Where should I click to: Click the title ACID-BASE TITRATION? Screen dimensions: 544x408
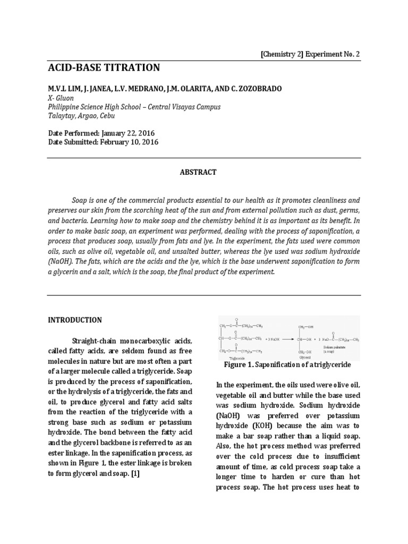pyautogui.click(x=104, y=67)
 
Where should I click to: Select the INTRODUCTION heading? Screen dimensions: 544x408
pyautogui.click(x=75, y=320)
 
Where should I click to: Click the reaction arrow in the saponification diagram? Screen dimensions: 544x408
pyautogui.click(x=274, y=338)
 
